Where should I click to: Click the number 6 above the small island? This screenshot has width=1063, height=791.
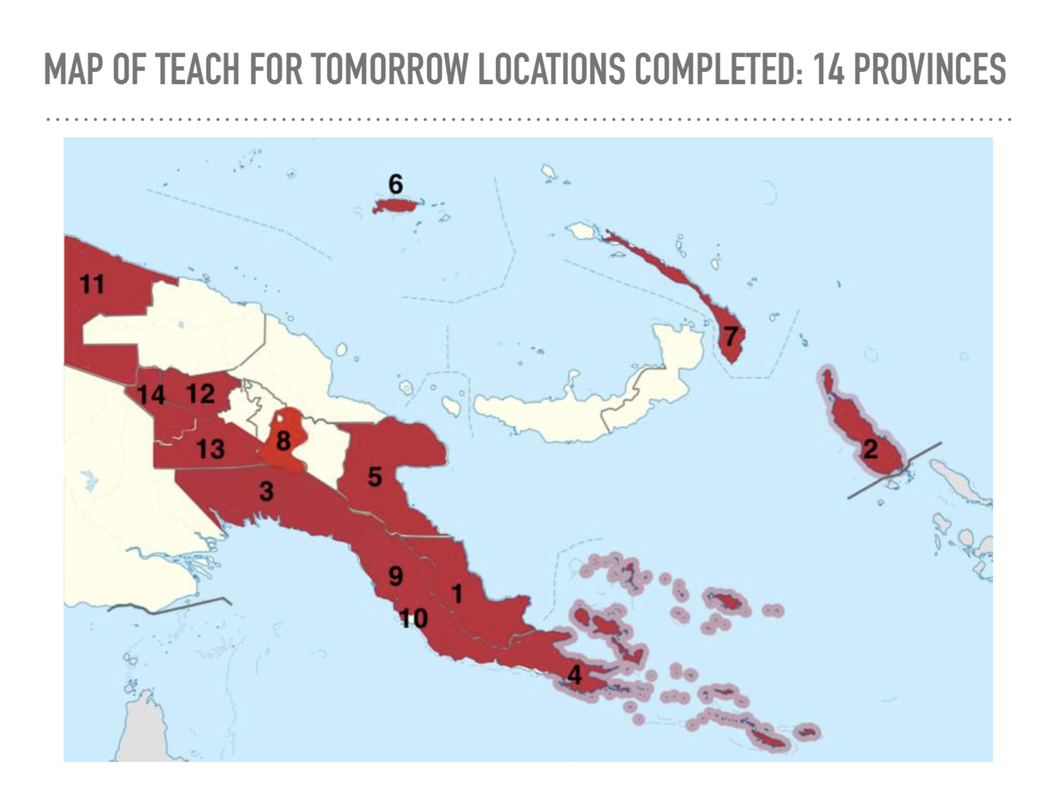(395, 184)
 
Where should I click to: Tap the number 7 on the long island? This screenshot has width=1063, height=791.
(731, 337)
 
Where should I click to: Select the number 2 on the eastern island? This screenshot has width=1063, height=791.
(870, 449)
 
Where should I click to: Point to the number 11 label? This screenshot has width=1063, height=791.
(92, 285)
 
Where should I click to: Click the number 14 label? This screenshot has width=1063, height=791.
(151, 395)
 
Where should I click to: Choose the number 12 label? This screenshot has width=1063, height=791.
(200, 394)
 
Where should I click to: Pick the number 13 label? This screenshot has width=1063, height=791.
(210, 449)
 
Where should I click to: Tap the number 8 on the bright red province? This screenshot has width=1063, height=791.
(283, 441)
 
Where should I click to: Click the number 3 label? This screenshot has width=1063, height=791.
(266, 492)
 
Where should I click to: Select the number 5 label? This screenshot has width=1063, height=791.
(375, 477)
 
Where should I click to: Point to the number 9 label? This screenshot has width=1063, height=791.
(395, 577)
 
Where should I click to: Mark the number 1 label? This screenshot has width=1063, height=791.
(457, 594)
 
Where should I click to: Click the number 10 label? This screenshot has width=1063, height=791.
(413, 618)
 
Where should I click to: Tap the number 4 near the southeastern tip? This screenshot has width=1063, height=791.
(574, 675)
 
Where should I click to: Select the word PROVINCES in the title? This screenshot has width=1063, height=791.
(930, 68)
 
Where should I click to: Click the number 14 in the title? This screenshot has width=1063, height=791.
(828, 68)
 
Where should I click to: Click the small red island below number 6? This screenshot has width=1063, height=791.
(394, 205)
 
